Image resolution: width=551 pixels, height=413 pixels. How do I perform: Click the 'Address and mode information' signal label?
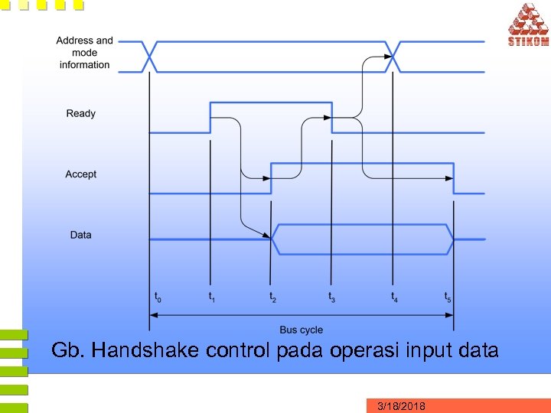(84, 53)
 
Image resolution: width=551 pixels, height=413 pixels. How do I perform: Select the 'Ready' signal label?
(81, 114)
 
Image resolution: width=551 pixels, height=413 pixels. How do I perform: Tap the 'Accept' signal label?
(81, 174)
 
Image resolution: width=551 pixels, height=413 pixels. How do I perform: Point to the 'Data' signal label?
(81, 235)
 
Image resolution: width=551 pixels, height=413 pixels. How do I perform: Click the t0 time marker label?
(158, 297)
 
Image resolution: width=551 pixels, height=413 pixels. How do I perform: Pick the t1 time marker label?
(212, 297)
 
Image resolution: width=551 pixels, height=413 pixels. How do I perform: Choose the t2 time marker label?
(272, 297)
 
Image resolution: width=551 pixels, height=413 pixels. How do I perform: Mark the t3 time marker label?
(332, 297)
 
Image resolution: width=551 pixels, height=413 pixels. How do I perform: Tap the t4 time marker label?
(394, 297)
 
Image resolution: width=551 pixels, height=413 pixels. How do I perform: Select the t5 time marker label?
(448, 297)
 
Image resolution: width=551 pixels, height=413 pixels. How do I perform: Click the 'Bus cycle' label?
(301, 330)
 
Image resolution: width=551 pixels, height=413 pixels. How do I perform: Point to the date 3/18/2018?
(402, 406)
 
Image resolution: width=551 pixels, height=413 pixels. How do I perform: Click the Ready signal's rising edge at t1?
(210, 117)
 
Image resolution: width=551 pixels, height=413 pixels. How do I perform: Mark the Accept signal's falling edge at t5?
(454, 178)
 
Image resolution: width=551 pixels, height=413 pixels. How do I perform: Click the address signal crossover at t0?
(150, 57)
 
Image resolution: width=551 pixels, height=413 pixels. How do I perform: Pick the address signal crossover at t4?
(393, 57)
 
